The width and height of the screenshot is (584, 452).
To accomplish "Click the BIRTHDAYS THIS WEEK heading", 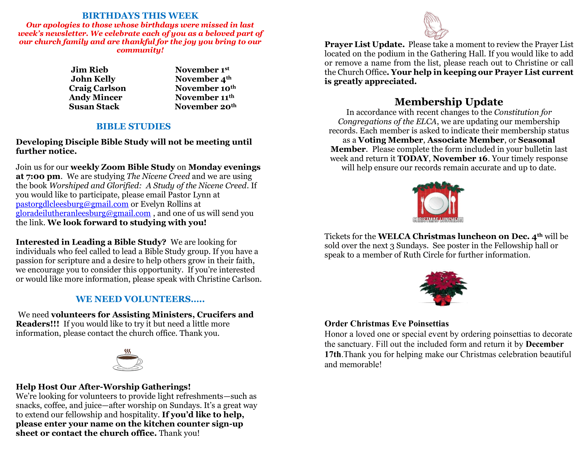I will [140, 15].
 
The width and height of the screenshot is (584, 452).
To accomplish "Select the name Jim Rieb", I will [89, 70].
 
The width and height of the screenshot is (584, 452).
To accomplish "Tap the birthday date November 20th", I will [205, 107].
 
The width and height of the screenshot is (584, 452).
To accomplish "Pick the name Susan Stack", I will [94, 107].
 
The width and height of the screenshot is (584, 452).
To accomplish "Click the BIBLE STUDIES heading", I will [134, 126].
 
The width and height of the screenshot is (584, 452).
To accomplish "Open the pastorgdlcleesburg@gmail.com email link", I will [72, 204].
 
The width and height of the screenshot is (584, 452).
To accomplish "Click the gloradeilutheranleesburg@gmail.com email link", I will [83, 213].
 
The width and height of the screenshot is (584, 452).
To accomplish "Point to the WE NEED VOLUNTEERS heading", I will [140, 299].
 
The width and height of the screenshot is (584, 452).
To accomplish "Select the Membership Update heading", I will [449, 102].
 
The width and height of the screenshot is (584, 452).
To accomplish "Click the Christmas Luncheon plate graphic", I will [438, 202].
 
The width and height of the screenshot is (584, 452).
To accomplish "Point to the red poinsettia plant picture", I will [443, 288].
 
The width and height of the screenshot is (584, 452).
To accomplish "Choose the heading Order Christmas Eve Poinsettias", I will [387, 324].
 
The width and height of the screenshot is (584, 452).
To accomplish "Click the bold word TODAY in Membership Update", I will [413, 158].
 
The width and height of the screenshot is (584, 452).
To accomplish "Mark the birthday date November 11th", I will [205, 97].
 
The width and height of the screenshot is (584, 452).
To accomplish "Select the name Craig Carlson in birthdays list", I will [97, 88].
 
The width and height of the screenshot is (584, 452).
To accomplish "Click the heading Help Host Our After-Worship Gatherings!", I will [103, 387].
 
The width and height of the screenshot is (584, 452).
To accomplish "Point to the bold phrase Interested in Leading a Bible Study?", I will [91, 242].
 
